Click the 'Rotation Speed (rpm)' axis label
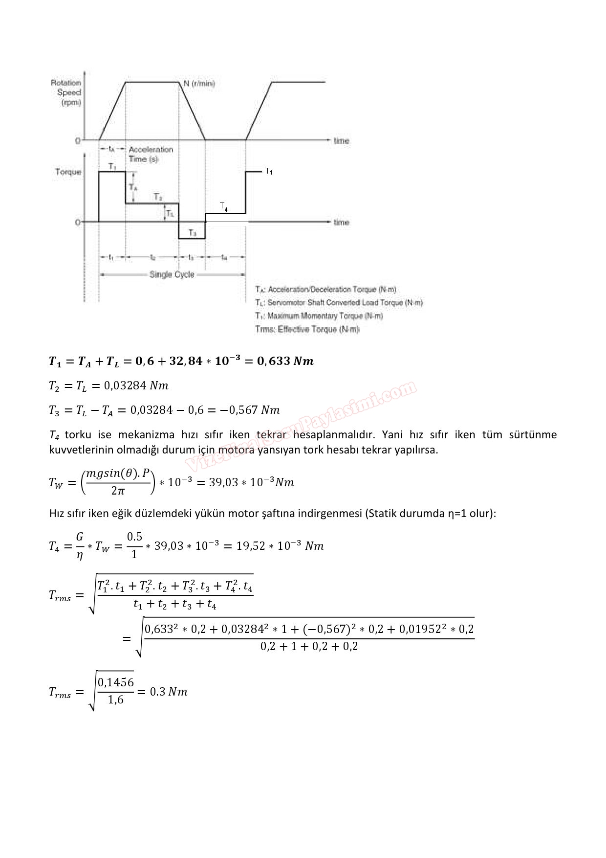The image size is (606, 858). (66, 92)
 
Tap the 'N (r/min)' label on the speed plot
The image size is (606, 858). (199, 83)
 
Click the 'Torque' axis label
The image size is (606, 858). (68, 172)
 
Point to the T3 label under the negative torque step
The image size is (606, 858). (193, 233)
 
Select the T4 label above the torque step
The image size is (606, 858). (223, 206)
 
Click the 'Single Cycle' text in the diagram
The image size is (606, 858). (172, 274)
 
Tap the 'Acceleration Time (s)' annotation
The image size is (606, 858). (151, 154)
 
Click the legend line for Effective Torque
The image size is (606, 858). (307, 329)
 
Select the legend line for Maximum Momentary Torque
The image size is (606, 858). (319, 316)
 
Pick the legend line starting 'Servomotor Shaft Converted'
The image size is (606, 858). (339, 303)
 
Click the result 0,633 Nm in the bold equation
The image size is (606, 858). (285, 361)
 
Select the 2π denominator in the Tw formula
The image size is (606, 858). (118, 491)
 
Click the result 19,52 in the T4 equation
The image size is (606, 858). (251, 546)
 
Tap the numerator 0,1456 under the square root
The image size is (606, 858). (116, 682)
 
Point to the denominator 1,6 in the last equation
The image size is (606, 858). (116, 700)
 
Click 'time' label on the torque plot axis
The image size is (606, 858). (342, 223)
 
